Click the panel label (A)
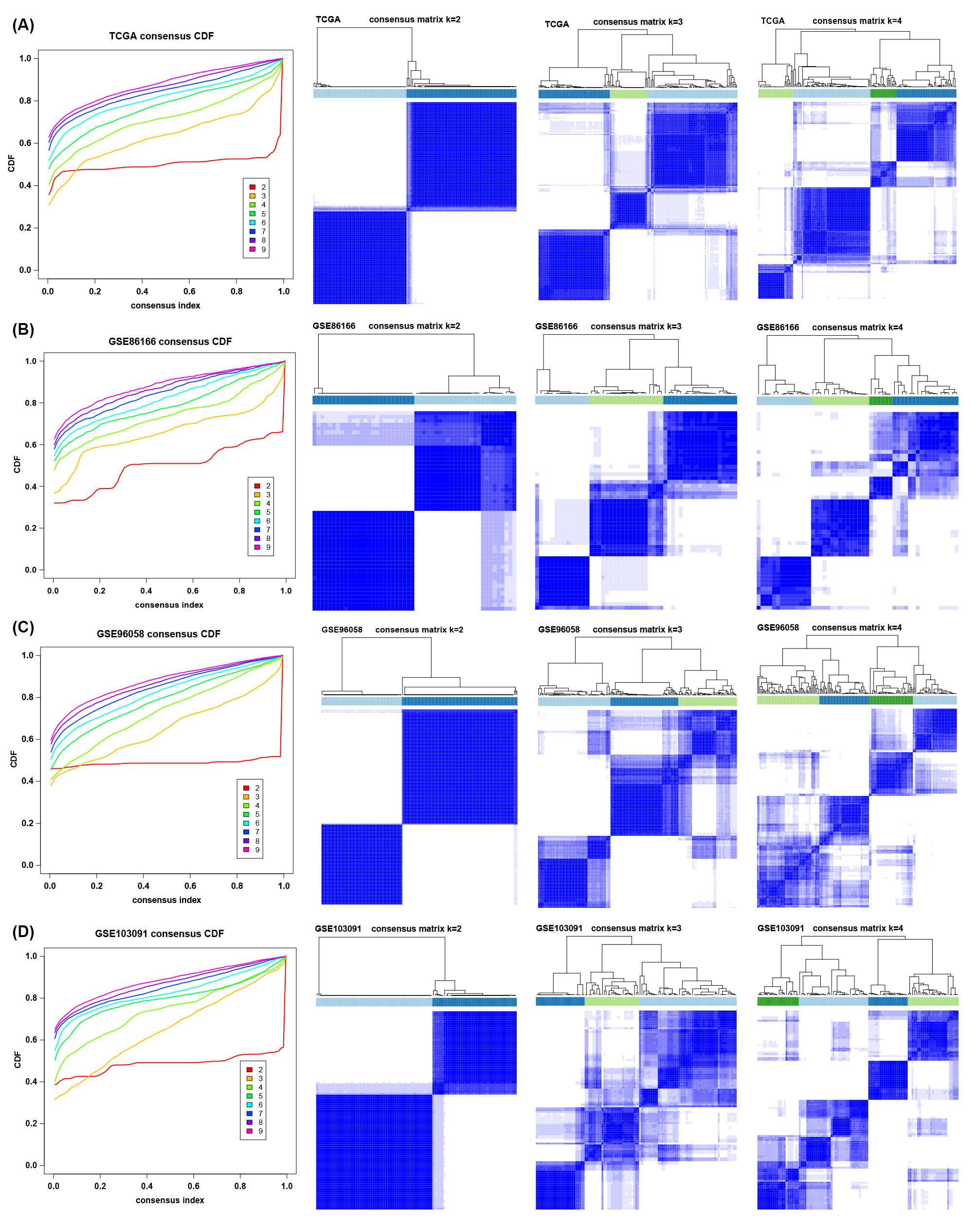[x=23, y=25]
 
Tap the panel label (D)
[x=23, y=932]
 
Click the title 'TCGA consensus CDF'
[x=161, y=36]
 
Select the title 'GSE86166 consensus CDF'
[x=170, y=342]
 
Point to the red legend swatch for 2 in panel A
[x=253, y=187]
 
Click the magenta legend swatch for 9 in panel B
[x=257, y=547]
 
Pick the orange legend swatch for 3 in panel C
[x=246, y=797]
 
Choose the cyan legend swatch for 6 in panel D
[x=250, y=1104]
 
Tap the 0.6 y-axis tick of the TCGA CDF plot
[x=25, y=143]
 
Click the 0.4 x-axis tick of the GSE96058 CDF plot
[x=144, y=885]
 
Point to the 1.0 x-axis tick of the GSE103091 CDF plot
[x=287, y=1186]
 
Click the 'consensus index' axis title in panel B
[x=169, y=605]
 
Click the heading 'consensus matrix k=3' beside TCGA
[x=637, y=22]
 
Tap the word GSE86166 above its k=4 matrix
[x=778, y=327]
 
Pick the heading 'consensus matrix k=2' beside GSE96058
[x=419, y=630]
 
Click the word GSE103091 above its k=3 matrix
[x=559, y=928]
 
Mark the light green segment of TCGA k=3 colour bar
[x=628, y=94]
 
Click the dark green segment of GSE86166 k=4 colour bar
[x=881, y=401]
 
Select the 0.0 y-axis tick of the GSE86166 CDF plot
[x=30, y=570]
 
